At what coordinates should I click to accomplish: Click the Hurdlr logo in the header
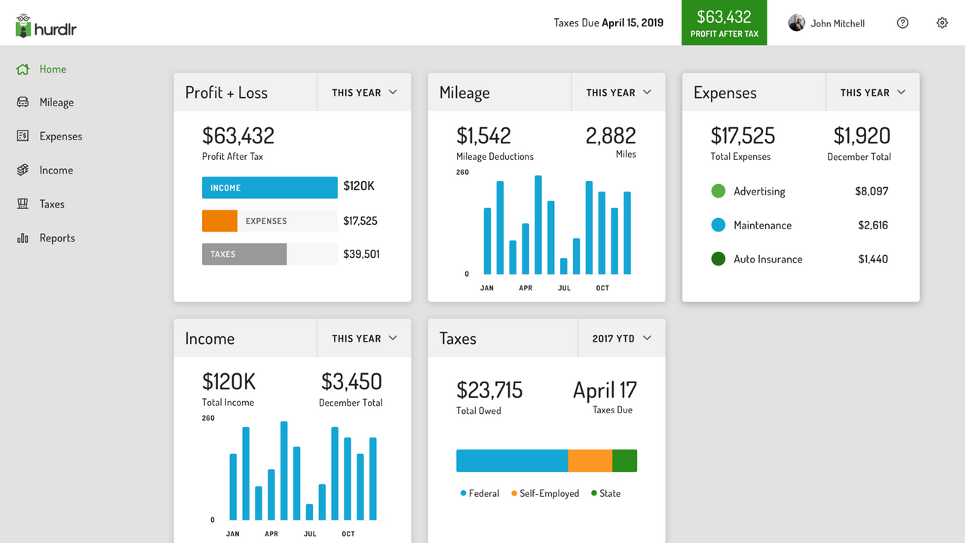pyautogui.click(x=46, y=26)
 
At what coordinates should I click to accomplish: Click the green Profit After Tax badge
pyautogui.click(x=724, y=23)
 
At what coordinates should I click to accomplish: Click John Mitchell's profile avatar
pyautogui.click(x=796, y=23)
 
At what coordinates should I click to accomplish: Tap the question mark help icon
pyautogui.click(x=902, y=23)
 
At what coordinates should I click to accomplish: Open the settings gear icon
pyautogui.click(x=942, y=23)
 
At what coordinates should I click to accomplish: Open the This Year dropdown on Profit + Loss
pyautogui.click(x=364, y=93)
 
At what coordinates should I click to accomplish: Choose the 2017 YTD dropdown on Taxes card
pyautogui.click(x=621, y=339)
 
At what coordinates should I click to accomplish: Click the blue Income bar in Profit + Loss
pyautogui.click(x=269, y=188)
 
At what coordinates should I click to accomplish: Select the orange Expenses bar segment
pyautogui.click(x=219, y=221)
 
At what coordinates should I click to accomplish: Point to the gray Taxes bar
pyautogui.click(x=244, y=254)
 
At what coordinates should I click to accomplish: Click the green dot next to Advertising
pyautogui.click(x=718, y=192)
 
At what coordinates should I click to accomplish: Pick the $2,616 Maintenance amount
pyautogui.click(x=872, y=225)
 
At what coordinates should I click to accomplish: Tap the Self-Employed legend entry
pyautogui.click(x=545, y=493)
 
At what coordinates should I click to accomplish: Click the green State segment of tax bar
pyautogui.click(x=624, y=461)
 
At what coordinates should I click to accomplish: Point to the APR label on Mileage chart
pyautogui.click(x=525, y=288)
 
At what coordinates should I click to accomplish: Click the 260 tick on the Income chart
pyautogui.click(x=208, y=418)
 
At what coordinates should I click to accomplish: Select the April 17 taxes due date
pyautogui.click(x=605, y=390)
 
